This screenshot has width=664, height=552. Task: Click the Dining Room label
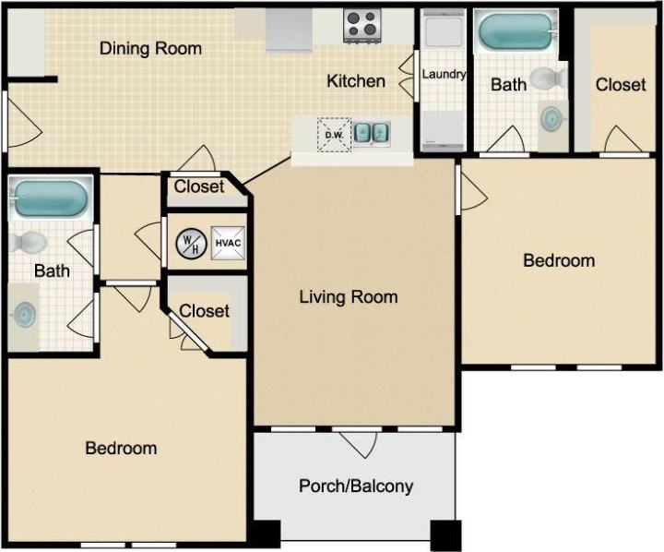click(x=150, y=48)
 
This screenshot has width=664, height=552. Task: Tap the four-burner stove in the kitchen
click(x=362, y=26)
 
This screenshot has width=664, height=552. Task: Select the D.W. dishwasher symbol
click(x=334, y=135)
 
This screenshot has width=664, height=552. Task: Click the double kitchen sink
click(x=372, y=133)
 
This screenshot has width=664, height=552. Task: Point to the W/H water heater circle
click(x=192, y=243)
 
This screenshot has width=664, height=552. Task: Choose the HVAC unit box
click(x=229, y=243)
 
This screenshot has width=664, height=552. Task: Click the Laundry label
click(x=444, y=74)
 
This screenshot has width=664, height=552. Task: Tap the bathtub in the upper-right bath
click(x=516, y=32)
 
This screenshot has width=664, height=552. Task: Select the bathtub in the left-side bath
click(x=51, y=198)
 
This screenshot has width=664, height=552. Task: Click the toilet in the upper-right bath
click(x=549, y=78)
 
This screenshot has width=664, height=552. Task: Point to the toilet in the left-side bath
click(x=28, y=242)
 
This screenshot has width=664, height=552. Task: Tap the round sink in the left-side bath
click(x=25, y=314)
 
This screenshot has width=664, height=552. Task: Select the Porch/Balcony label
click(x=356, y=486)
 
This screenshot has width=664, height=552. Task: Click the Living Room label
click(x=349, y=297)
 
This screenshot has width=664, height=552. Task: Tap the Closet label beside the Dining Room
click(x=199, y=186)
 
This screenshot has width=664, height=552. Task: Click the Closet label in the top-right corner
click(x=621, y=85)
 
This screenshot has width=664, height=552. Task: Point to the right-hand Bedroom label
click(x=559, y=260)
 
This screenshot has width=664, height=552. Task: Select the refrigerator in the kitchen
click(x=290, y=30)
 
